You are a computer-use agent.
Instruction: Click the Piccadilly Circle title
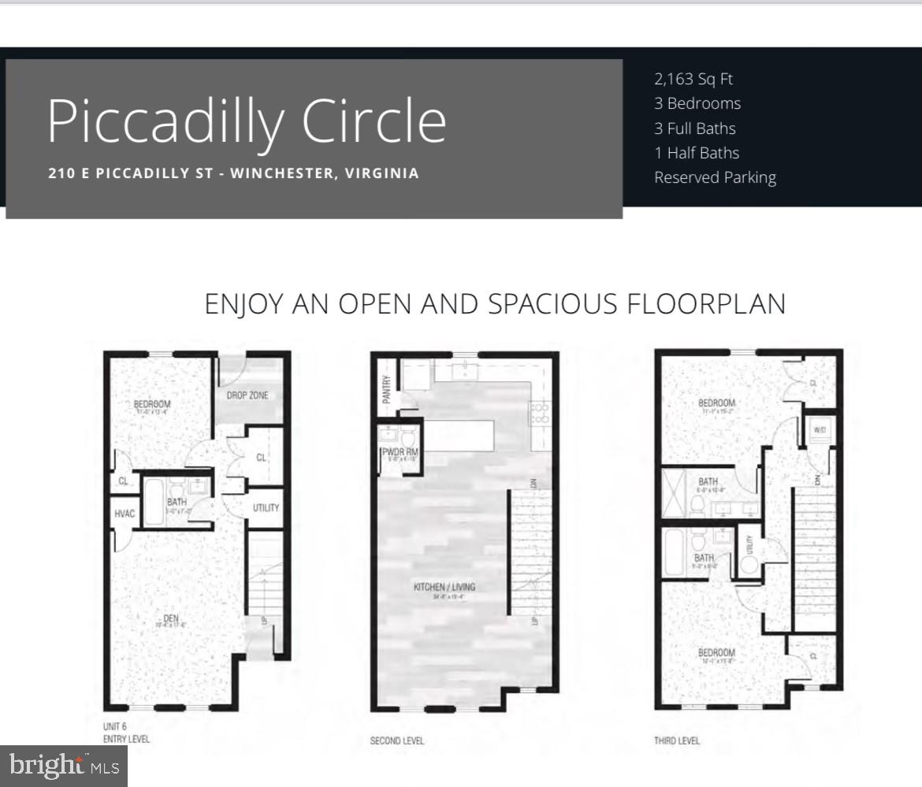[x=247, y=121]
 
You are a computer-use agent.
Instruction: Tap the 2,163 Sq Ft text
[x=693, y=79]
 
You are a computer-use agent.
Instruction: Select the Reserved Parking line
[x=715, y=177]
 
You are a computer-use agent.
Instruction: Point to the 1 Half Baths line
[x=697, y=153]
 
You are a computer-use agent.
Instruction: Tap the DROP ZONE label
[x=247, y=395]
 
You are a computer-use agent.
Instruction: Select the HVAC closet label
[x=125, y=514]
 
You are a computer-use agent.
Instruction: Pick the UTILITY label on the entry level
[x=266, y=508]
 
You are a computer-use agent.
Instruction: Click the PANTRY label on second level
[x=387, y=389]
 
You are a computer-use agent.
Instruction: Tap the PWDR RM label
[x=400, y=452]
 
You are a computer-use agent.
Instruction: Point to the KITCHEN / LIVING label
[x=444, y=587]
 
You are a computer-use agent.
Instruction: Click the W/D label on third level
[x=819, y=430]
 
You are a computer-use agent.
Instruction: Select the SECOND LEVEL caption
[x=396, y=741]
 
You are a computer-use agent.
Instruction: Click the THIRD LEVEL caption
[x=676, y=741]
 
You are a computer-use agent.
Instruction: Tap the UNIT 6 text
[x=116, y=726]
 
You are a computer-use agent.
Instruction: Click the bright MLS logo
[x=64, y=765]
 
